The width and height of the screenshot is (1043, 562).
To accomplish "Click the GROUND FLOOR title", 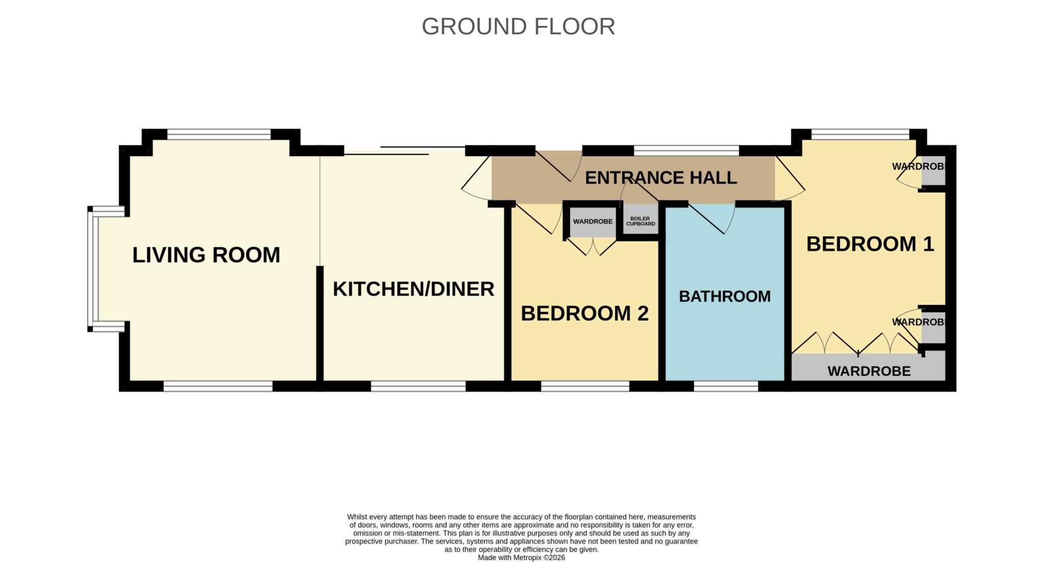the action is tap(518, 26).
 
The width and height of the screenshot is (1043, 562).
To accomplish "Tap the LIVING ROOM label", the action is tap(206, 255).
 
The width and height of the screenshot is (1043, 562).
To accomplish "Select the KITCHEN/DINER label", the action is tap(414, 289).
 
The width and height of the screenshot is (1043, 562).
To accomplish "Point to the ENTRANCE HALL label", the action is tap(661, 178).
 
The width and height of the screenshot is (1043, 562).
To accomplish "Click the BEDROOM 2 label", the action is tap(585, 314).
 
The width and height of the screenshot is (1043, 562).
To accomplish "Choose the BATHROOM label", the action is tap(725, 296).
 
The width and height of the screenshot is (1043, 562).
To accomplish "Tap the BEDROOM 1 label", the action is tap(870, 244).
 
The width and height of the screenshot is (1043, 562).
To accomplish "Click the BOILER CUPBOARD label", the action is tap(640, 221).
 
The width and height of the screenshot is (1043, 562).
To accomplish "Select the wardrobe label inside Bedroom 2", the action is tap(593, 221).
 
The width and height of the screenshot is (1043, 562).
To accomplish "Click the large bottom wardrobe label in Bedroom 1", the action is tap(869, 371).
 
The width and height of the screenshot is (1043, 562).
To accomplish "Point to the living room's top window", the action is tap(219, 134).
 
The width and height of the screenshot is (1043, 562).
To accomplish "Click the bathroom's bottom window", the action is tap(726, 386).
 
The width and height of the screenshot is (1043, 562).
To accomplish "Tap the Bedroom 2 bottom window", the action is tap(585, 386).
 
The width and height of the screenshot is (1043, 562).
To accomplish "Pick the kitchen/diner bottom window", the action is tap(418, 386).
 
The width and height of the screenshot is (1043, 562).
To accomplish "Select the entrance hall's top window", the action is tap(687, 151).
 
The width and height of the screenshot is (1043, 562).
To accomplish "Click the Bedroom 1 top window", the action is tap(860, 134).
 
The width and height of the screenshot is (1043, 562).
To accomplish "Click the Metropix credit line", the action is tap(521, 557).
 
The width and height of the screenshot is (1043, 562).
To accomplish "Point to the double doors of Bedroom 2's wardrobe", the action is tap(591, 247).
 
